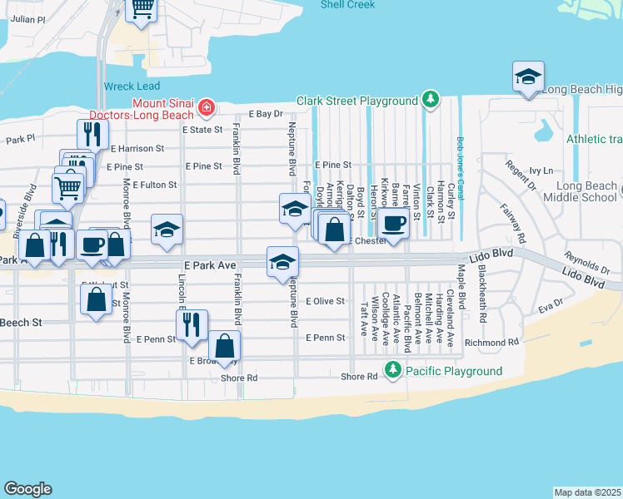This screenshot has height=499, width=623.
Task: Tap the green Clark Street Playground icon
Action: tap(430, 101)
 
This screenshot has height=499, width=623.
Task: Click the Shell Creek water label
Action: tap(348, 5)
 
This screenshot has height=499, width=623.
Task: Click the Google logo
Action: tap(27, 489)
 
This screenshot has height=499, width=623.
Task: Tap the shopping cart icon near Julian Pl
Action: tap(142, 7)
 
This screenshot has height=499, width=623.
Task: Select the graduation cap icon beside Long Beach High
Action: tap(528, 77)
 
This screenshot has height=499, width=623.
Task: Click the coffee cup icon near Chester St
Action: tap(393, 222)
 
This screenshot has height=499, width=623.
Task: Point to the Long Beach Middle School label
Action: tap(580, 191)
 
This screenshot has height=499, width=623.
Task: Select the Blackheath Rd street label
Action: tap(481, 306)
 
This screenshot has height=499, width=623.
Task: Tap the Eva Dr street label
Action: tap(550, 306)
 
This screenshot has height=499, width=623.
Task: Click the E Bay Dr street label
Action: tap(266, 114)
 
